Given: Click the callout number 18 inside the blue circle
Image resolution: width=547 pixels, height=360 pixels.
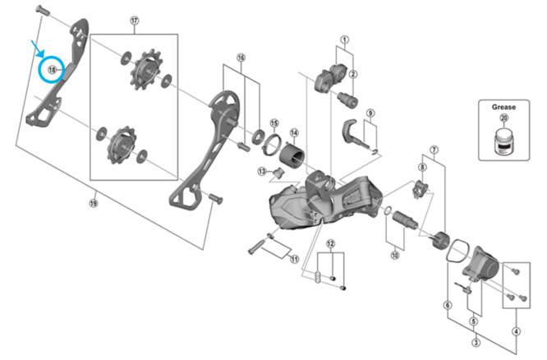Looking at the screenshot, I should pyautogui.click(x=51, y=71).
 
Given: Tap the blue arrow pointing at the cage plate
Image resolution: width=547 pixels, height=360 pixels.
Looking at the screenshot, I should pyautogui.click(x=33, y=48).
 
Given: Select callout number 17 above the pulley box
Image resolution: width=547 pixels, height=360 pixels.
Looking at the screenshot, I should pyautogui.click(x=134, y=21).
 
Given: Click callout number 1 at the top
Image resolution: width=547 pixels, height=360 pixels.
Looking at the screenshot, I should pyautogui.click(x=345, y=39).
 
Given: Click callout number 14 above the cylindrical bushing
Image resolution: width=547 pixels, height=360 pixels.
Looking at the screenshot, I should pyautogui.click(x=293, y=132).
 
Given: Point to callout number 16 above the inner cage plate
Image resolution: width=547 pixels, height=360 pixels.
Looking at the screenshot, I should pyautogui.click(x=241, y=58).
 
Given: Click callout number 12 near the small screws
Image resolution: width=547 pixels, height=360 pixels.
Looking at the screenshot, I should pyautogui.click(x=330, y=244).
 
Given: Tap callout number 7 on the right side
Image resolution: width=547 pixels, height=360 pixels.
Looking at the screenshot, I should pyautogui.click(x=434, y=150).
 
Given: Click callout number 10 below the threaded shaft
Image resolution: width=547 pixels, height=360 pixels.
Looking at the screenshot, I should pyautogui.click(x=394, y=256).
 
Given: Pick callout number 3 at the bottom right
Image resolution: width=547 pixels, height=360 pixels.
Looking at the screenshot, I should pyautogui.click(x=476, y=342).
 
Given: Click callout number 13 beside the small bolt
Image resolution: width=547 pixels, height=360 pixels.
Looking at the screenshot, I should pyautogui.click(x=262, y=171).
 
